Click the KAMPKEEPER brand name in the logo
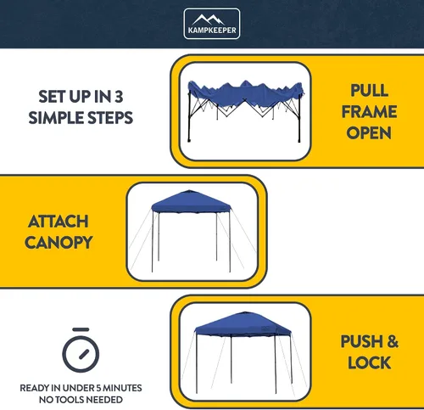click(x=212, y=30)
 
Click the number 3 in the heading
click(x=119, y=97)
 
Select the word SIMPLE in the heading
click(x=57, y=118)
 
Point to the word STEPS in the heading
click(x=110, y=118)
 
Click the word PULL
click(x=369, y=91)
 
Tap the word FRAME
click(x=369, y=112)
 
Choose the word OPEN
click(x=369, y=133)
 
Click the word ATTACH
click(x=59, y=222)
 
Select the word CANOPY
click(x=59, y=243)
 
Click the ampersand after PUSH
click(x=393, y=341)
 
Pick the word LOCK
click(x=369, y=362)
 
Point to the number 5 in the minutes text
click(x=98, y=388)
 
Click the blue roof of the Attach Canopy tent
click(x=191, y=201)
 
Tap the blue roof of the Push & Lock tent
click(x=243, y=325)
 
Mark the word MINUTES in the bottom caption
click(x=122, y=388)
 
